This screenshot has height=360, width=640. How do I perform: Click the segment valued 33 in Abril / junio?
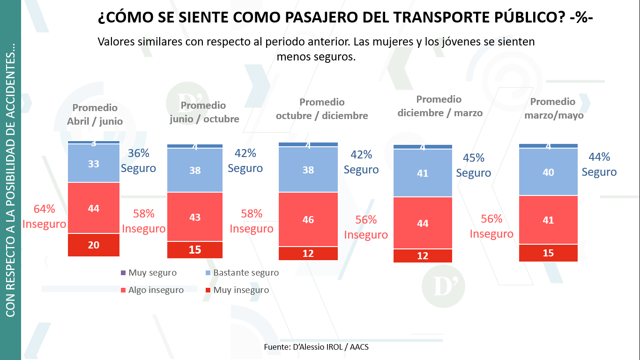[94, 163]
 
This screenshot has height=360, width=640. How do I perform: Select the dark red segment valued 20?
[94, 245]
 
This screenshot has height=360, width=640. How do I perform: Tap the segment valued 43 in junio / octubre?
[195, 217]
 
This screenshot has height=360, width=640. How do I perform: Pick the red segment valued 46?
[308, 219]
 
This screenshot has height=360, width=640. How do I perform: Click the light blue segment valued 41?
[423, 173]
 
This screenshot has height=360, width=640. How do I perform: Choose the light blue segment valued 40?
[548, 172]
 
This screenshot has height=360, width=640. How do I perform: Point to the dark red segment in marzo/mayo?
[548, 253]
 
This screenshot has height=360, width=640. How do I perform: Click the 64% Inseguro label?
[44, 217]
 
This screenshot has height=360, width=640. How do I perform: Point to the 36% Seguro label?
[138, 161]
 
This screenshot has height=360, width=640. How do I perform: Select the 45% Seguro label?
[473, 165]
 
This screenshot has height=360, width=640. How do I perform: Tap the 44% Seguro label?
[599, 165]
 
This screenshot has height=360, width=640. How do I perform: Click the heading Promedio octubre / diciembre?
[322, 109]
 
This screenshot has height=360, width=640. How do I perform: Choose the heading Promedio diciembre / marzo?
[439, 106]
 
